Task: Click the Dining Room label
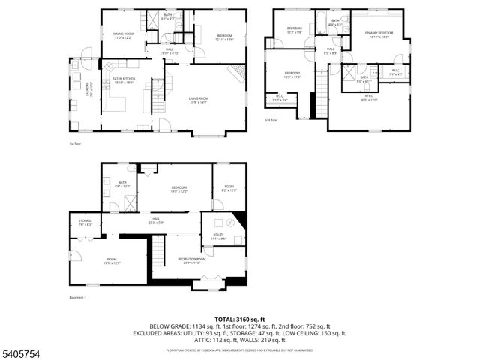click(123, 36)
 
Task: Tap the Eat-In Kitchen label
click(123, 79)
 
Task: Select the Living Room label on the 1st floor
click(198, 100)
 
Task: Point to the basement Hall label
click(155, 221)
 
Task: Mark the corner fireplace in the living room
click(236, 73)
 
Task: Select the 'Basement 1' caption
click(77, 298)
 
